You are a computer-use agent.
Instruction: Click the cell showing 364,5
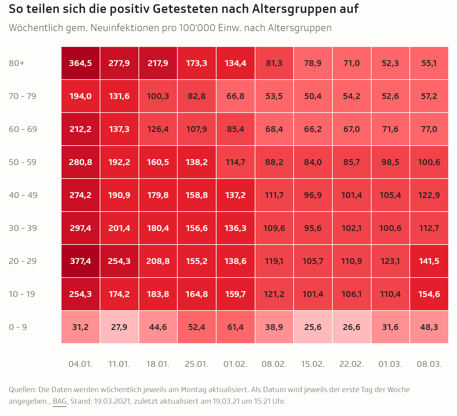pyautogui.click(x=80, y=63)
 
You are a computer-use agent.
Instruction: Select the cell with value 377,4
pyautogui.click(x=80, y=261)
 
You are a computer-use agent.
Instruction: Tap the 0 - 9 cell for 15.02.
pyautogui.click(x=313, y=327)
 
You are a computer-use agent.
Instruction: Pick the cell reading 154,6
pyautogui.click(x=429, y=294)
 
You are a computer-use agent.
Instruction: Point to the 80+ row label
pyautogui.click(x=17, y=63)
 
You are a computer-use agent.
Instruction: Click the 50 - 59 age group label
pyautogui.click(x=23, y=162)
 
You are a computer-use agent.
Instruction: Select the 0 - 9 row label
pyautogui.click(x=18, y=327)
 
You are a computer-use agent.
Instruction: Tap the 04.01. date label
pyautogui.click(x=80, y=364)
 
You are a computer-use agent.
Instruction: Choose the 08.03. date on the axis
pyautogui.click(x=429, y=364)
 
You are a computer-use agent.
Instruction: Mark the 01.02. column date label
pyautogui.click(x=235, y=364)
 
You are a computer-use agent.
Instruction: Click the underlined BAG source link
pyautogui.click(x=60, y=401)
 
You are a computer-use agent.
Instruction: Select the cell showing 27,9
pyautogui.click(x=119, y=327)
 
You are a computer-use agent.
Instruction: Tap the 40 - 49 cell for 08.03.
pyautogui.click(x=429, y=195)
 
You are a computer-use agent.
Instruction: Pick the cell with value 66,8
pyautogui.click(x=235, y=96)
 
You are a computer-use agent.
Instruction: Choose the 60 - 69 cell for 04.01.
pyautogui.click(x=80, y=129)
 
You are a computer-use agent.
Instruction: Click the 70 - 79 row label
pyautogui.click(x=23, y=96)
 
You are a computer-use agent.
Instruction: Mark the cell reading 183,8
pyautogui.click(x=158, y=294)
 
